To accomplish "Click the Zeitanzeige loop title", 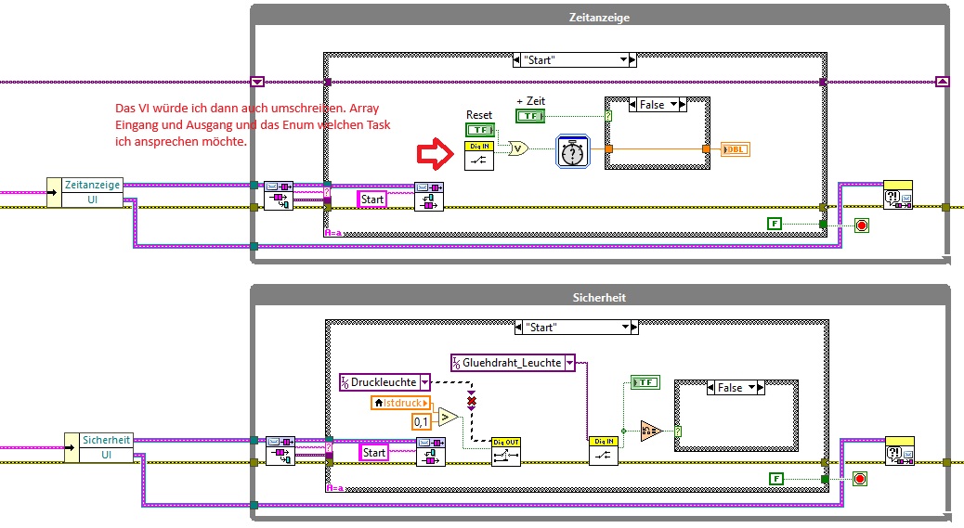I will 601,17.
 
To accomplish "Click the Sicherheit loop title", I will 601,298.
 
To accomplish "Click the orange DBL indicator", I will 734,149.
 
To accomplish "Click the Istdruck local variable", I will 402,403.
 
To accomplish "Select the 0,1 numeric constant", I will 421,422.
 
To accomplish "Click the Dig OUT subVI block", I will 505,450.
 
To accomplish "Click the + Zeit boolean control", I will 530,115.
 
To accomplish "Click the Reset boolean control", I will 479,131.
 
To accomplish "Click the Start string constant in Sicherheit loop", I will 373,452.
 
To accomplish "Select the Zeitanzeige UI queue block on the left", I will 91,192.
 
